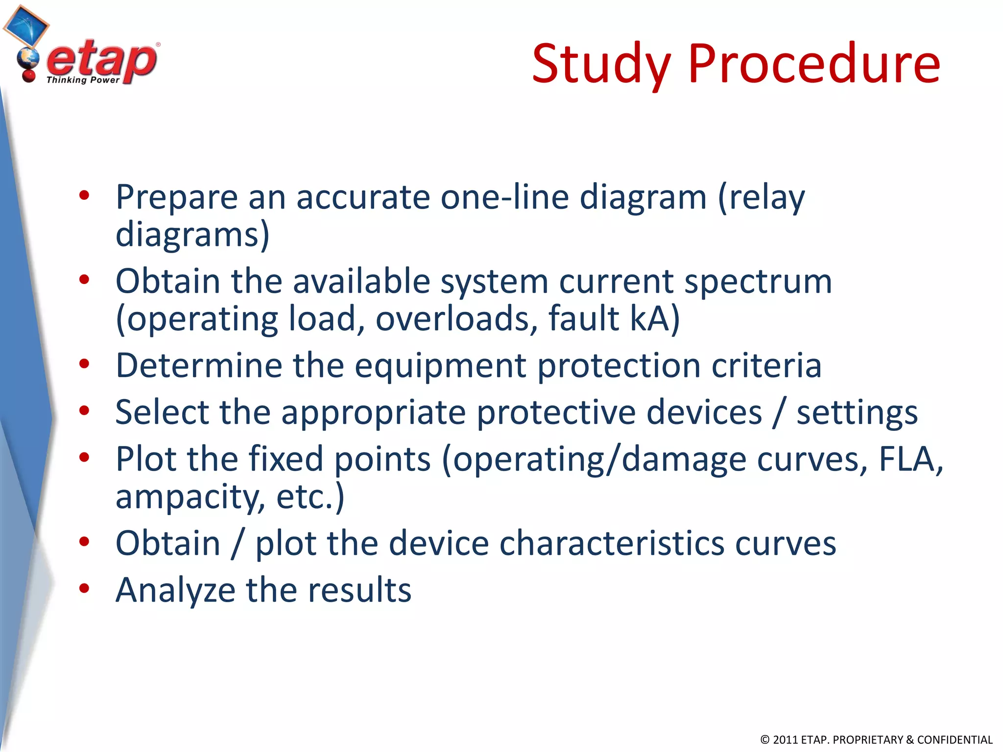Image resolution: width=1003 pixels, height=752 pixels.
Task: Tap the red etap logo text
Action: pyautogui.click(x=102, y=60)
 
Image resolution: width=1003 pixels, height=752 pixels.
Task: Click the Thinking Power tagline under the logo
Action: pyautogui.click(x=83, y=80)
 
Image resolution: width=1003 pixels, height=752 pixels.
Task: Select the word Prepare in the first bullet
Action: pyautogui.click(x=176, y=198)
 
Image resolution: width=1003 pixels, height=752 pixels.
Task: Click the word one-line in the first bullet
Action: pyautogui.click(x=504, y=197)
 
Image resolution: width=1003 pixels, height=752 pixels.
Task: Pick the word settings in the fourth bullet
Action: pyautogui.click(x=857, y=413)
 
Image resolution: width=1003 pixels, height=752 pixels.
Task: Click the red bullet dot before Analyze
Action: pyautogui.click(x=84, y=588)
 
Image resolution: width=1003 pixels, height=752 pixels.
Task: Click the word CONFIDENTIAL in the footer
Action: pyautogui.click(x=955, y=740)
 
